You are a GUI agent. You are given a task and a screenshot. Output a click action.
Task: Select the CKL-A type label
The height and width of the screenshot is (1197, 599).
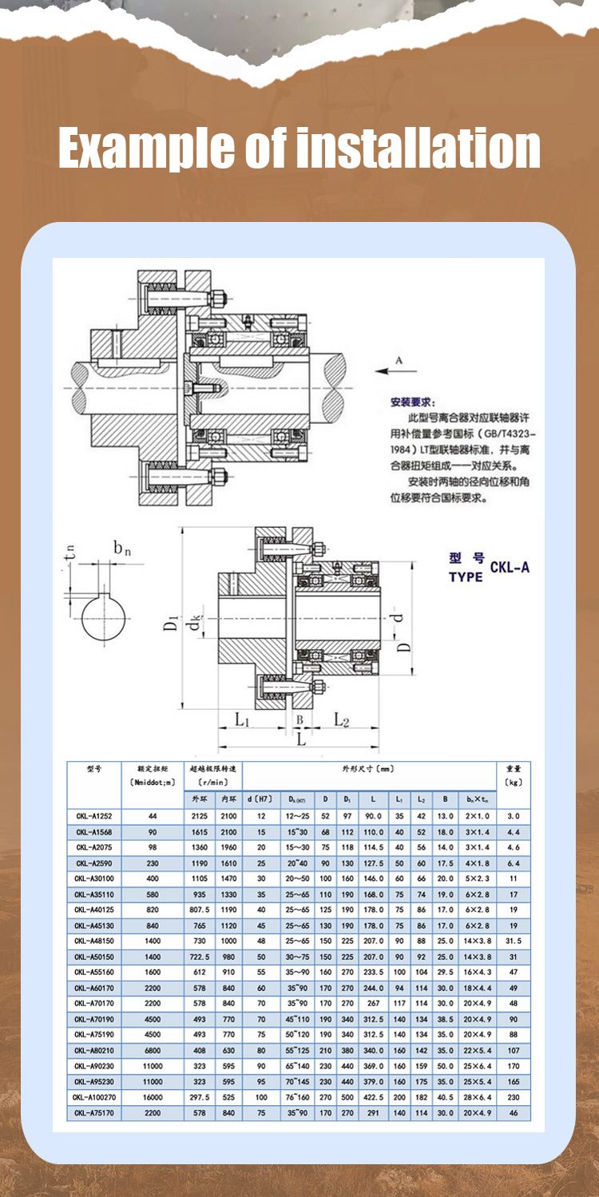(x=510, y=568)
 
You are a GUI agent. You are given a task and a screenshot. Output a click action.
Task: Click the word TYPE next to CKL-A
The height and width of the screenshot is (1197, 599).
(x=466, y=577)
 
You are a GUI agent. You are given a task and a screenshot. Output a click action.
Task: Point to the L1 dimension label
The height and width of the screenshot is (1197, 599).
(x=243, y=719)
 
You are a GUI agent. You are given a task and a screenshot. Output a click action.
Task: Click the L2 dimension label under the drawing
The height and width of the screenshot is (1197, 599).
(x=342, y=719)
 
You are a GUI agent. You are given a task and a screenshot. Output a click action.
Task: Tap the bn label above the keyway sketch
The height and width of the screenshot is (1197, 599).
(x=122, y=548)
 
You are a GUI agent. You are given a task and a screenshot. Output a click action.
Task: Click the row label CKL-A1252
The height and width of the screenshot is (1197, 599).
(x=94, y=816)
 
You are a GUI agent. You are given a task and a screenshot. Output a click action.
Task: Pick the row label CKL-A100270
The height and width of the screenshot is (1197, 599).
(x=94, y=1097)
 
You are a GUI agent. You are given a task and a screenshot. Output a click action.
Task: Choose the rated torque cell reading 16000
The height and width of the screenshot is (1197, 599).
(x=153, y=1097)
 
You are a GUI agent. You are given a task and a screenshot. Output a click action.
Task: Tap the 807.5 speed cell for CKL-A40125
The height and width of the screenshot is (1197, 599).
(x=200, y=910)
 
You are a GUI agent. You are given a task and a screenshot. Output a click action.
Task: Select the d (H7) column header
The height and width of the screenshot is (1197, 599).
(x=261, y=798)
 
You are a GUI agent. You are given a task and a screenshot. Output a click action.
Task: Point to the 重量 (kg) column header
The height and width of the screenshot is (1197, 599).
(x=513, y=775)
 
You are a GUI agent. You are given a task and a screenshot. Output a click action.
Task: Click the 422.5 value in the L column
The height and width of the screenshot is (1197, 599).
(x=373, y=1097)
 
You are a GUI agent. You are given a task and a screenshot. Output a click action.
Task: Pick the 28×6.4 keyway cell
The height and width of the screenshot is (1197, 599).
(x=478, y=1097)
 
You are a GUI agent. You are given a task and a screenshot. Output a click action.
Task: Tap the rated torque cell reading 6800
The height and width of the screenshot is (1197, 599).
(x=153, y=1050)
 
